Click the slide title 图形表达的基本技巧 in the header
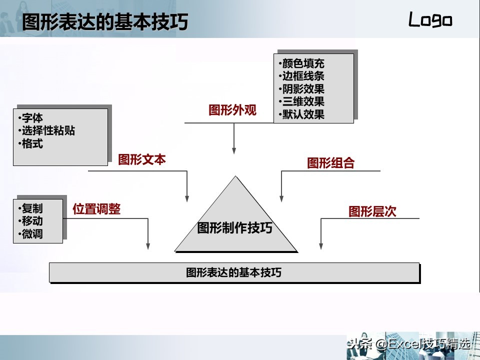tap(105, 21)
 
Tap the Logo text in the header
tap(430, 19)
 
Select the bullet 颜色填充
tap(301, 63)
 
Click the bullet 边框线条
tap(301, 76)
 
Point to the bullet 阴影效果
tap(301, 89)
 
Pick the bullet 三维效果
tap(301, 101)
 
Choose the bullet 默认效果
tap(301, 114)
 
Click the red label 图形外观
tap(232, 110)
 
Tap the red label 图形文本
tap(142, 159)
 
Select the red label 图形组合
tap(331, 163)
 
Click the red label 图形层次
tap(372, 211)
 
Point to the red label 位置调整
tap(96, 209)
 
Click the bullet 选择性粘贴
tap(46, 130)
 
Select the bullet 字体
tap(30, 118)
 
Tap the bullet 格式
tap(30, 143)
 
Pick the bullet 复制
tap(30, 208)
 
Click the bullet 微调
tap(30, 234)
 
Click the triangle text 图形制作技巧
tap(235, 228)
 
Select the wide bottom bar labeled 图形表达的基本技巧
tap(234, 272)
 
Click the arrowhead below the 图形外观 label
tap(234, 150)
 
